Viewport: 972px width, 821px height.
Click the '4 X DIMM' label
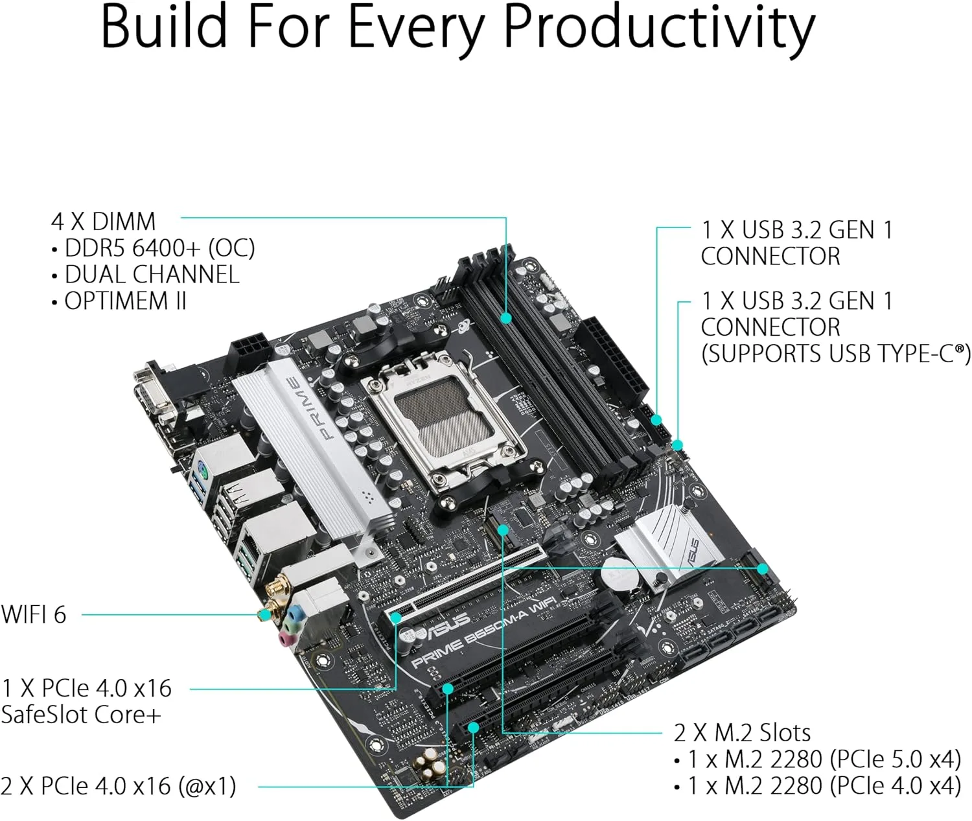click(x=103, y=222)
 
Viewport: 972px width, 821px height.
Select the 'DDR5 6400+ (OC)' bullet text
click(x=159, y=248)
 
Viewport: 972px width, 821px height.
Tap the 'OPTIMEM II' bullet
click(x=124, y=301)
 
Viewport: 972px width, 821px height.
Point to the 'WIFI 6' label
click(x=34, y=614)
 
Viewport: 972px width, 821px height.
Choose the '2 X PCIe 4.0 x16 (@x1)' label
click(x=118, y=786)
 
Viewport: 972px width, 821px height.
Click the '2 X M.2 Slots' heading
click(x=742, y=732)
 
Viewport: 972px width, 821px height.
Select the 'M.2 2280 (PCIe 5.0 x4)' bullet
click(x=823, y=759)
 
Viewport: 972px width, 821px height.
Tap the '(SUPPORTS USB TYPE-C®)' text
click(x=835, y=354)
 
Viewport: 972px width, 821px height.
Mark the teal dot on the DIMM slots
click(x=506, y=318)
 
